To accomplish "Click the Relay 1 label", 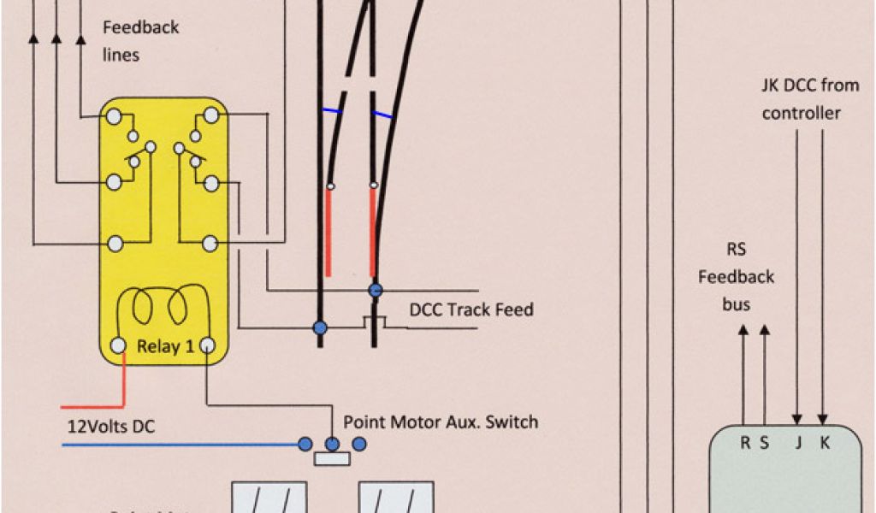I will (159, 347).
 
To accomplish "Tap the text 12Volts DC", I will (111, 426).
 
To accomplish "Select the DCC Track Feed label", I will (471, 310).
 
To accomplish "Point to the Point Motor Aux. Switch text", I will (441, 422).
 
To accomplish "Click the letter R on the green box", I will (744, 443).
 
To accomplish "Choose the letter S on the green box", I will (765, 443).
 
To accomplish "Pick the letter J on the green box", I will (798, 443).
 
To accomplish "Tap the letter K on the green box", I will (825, 443).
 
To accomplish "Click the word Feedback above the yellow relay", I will (141, 27).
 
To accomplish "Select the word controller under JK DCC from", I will (801, 113).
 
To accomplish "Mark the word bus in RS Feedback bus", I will (736, 304).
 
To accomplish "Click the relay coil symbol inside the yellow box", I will (163, 306).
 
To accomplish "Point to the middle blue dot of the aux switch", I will (332, 443).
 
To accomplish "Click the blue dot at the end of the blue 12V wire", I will (304, 443).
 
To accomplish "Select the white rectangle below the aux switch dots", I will (332, 459).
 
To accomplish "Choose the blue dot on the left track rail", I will (320, 327).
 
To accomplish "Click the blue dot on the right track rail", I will (375, 291).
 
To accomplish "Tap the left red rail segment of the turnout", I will (328, 231).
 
